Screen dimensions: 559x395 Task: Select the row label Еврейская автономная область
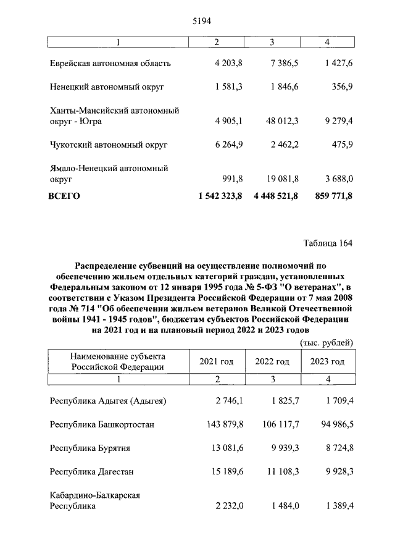click(110, 63)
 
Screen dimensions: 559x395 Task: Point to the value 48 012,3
click(280, 121)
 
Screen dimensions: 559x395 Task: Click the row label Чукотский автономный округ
click(109, 145)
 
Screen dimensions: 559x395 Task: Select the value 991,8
click(231, 179)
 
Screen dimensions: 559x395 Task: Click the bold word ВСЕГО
click(65, 196)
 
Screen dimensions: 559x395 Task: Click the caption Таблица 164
click(328, 243)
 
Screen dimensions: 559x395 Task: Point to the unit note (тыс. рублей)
click(326, 342)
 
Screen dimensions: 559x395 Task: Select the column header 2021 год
click(216, 361)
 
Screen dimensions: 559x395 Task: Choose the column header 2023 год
click(327, 361)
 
